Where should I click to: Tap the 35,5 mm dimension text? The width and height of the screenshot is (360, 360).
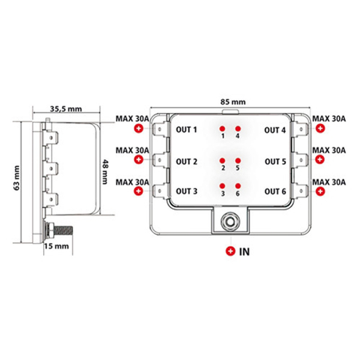click(x=65, y=109)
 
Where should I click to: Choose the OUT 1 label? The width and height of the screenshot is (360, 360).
click(x=186, y=130)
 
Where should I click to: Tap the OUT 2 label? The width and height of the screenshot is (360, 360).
click(x=186, y=161)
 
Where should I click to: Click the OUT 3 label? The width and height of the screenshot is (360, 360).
click(x=186, y=191)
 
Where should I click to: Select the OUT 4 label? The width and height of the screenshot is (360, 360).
click(x=275, y=130)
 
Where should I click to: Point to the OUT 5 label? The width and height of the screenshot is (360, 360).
click(x=275, y=161)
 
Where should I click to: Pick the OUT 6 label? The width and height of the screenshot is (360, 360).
click(x=275, y=191)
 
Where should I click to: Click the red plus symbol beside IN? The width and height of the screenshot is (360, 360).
click(x=231, y=251)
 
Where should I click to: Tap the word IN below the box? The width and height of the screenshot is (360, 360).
click(x=244, y=251)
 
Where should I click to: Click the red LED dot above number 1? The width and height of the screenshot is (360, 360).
click(x=223, y=128)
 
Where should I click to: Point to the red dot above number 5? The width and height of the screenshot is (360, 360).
click(x=238, y=160)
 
